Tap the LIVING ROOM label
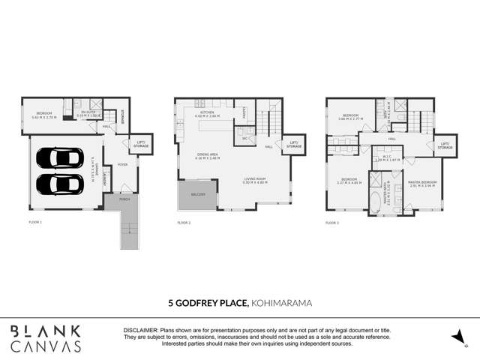click(x=255, y=179)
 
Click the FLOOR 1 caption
click(x=35, y=223)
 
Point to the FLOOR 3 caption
click(x=332, y=223)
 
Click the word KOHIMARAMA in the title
click(x=283, y=304)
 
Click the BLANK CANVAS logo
click(x=46, y=337)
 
